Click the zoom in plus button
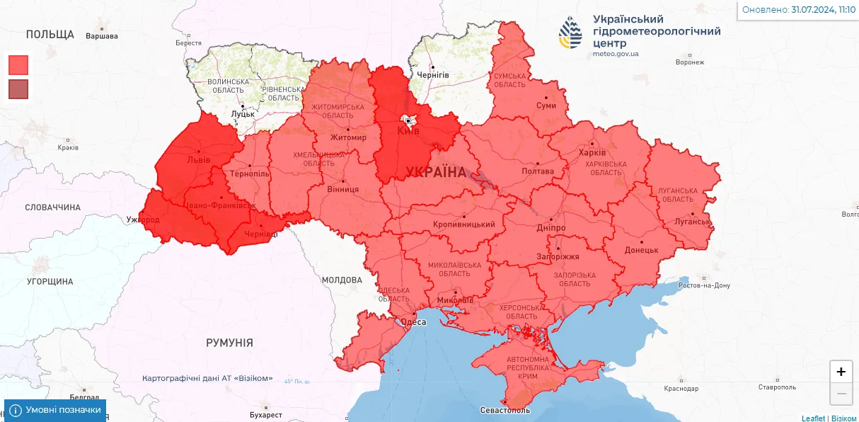coord(841,372)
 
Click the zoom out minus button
coord(841,393)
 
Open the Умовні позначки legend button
coord(55,410)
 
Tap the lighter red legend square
coord(18,65)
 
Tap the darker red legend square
coord(18,89)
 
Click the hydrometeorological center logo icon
coord(571,33)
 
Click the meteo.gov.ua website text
coord(616,54)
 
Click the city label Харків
coord(592,152)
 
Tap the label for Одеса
coord(413,322)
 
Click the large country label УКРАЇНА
coord(436,172)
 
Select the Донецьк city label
coord(642,250)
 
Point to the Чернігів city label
coord(433,74)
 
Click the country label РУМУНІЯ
coord(229,343)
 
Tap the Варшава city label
coord(101,35)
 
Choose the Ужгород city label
coord(143,220)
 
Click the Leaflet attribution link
coord(813,418)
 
